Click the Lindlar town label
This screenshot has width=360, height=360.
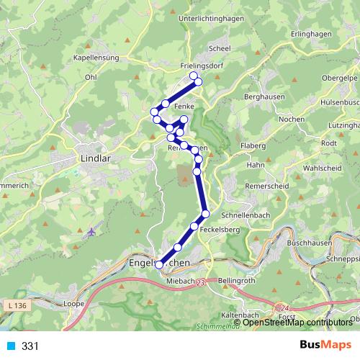(94, 156)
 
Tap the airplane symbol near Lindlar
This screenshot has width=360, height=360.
(91, 232)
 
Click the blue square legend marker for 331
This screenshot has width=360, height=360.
(10, 346)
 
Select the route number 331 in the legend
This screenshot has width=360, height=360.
(30, 346)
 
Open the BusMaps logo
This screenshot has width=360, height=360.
(325, 346)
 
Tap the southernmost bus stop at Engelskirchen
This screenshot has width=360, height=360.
(160, 264)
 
